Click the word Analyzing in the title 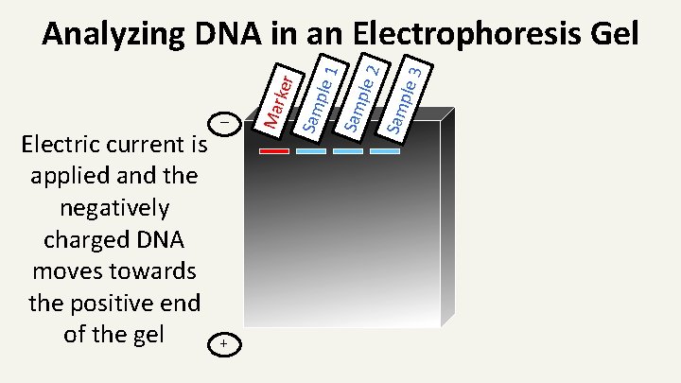113,35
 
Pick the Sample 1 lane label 318,95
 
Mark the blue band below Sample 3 384,151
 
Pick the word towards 148,271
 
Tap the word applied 69,178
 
